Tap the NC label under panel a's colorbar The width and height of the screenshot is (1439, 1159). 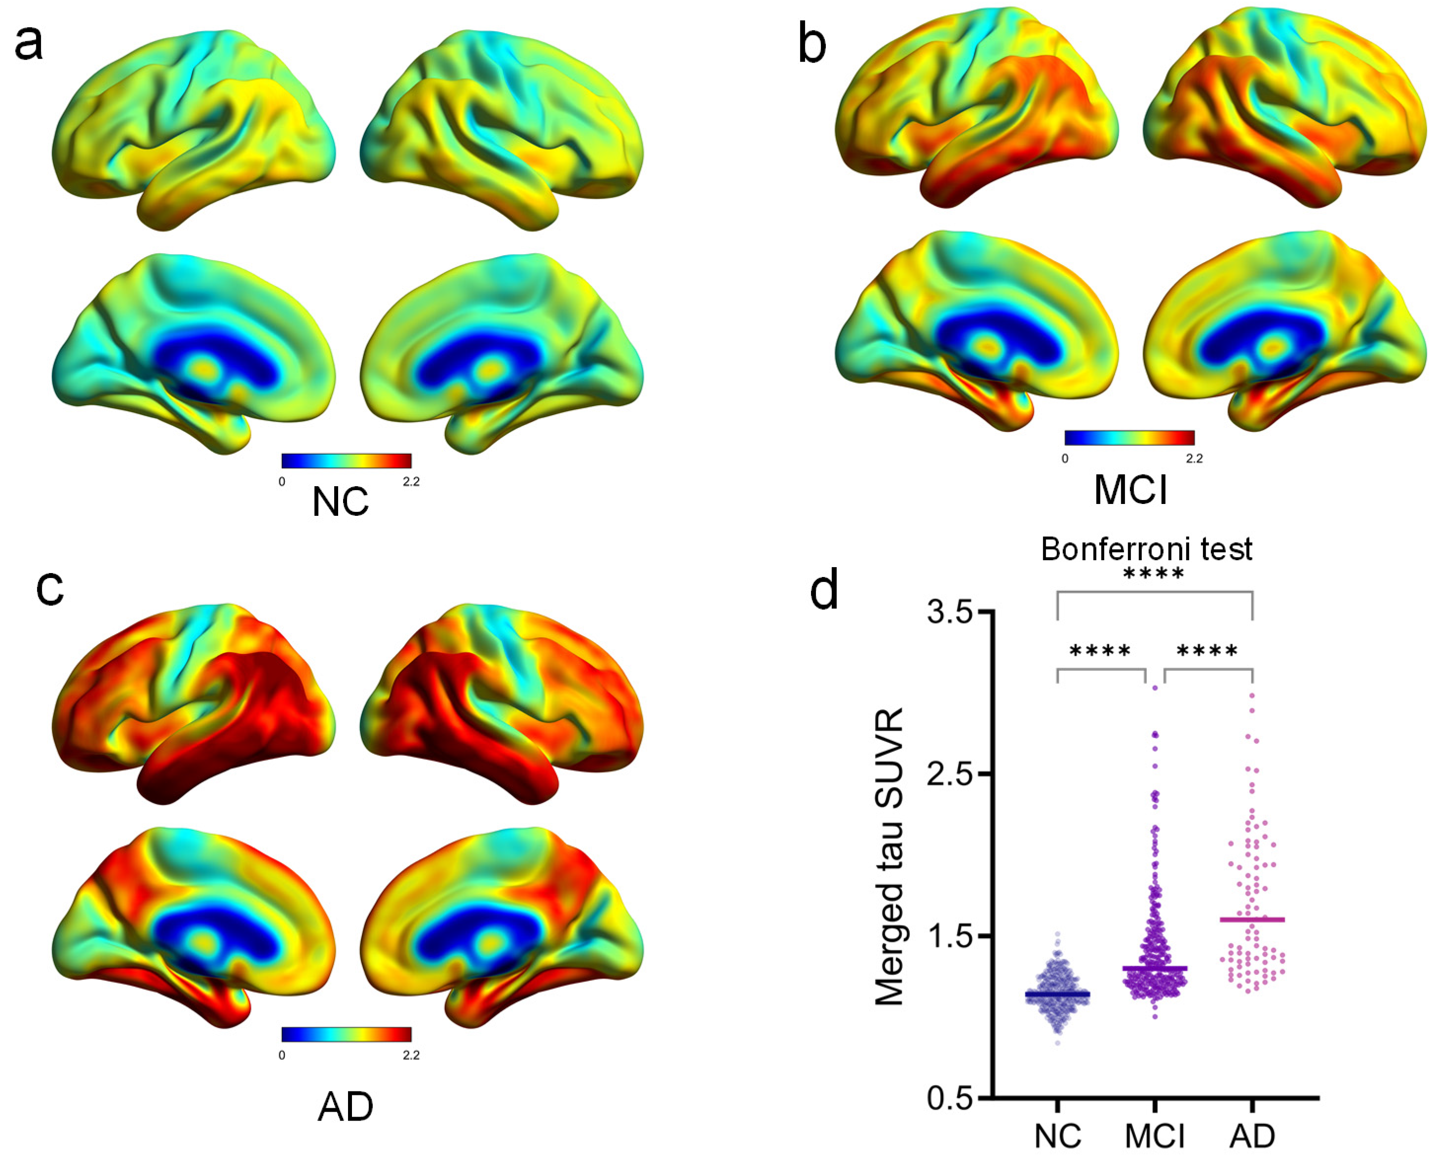tap(341, 502)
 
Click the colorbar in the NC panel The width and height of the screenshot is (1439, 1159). tap(346, 461)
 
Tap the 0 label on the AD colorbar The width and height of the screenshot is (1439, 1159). tap(282, 1055)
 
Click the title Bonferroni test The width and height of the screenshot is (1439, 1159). tap(1147, 549)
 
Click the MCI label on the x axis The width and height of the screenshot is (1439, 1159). tap(1155, 1136)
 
